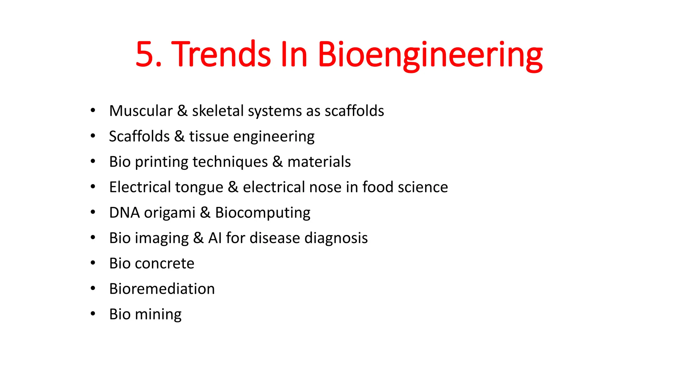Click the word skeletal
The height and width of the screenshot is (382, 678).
coord(218,111)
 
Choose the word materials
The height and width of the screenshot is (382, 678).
coord(319,162)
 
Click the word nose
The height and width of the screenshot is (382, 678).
coord(325,187)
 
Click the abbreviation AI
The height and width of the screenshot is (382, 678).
coord(215,238)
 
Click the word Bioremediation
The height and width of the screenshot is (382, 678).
coord(162,289)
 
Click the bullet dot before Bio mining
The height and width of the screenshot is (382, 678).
coord(93,313)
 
